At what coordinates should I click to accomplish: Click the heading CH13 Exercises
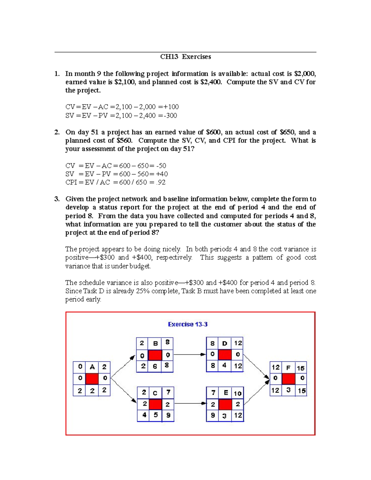point(185,57)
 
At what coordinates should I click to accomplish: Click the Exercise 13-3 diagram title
point(188,324)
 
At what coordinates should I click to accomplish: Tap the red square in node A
point(92,378)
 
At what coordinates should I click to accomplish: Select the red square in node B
point(155,355)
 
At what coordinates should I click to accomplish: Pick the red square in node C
point(155,404)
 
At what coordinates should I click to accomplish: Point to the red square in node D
point(225,354)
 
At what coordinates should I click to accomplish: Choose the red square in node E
point(225,404)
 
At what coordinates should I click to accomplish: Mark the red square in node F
point(288,378)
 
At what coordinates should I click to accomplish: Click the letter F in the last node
point(288,368)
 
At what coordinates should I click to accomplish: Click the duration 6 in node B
point(155,366)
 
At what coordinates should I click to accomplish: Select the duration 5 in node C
point(156,415)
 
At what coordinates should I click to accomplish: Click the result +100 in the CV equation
point(171,107)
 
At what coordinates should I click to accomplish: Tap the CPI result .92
point(161,182)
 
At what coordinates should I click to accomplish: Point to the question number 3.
point(57,199)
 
